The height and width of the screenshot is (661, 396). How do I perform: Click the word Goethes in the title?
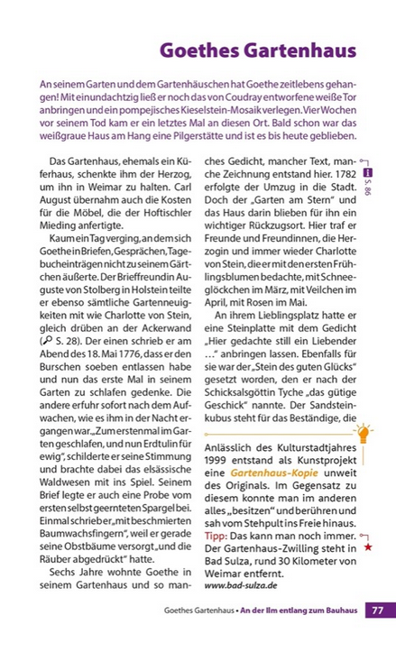coord(197,51)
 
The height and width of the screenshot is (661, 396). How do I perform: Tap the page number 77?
coord(376,611)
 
